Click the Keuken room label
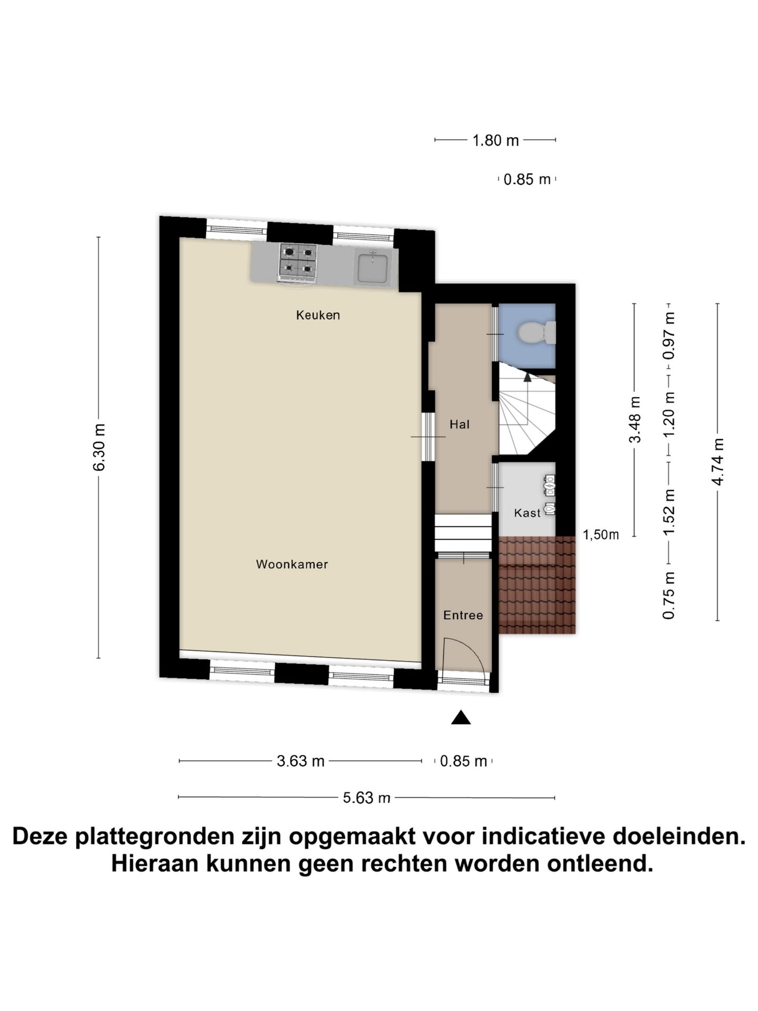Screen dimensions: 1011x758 click(318, 315)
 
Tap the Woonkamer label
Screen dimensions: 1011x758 click(292, 564)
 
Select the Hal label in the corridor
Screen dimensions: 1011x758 click(459, 424)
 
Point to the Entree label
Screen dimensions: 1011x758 click(463, 615)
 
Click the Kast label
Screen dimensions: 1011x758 click(527, 513)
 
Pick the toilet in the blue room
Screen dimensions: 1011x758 click(535, 333)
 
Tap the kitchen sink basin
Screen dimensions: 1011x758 click(373, 267)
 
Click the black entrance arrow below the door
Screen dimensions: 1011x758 click(461, 717)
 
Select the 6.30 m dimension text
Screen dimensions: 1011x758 click(99, 447)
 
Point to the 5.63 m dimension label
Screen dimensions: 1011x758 click(366, 798)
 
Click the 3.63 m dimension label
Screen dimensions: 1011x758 click(301, 761)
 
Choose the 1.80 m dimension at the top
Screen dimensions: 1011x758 click(495, 141)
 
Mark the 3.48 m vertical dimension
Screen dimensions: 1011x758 click(635, 420)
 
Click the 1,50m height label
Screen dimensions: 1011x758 click(601, 535)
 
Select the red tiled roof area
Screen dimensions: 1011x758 click(537, 584)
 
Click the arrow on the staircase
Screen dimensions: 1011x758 click(527, 376)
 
